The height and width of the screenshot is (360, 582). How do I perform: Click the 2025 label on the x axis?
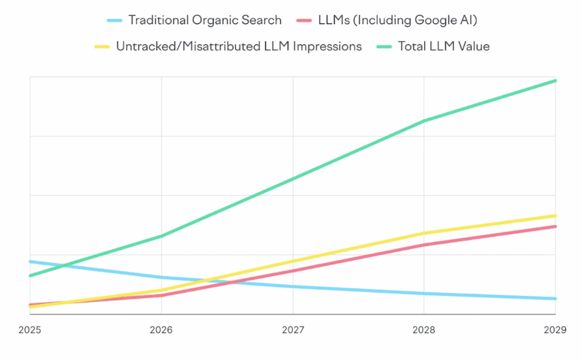pos(30,331)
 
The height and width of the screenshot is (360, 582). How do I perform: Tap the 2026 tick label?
pos(161,331)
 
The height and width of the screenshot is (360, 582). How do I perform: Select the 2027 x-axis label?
pos(293,331)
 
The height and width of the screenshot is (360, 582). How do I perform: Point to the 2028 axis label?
pos(424,331)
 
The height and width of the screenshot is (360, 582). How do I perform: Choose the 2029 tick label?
pos(555,331)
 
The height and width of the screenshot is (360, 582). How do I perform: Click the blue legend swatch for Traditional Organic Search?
pos(115,21)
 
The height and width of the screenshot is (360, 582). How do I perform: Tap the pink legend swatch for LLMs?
pos(305,21)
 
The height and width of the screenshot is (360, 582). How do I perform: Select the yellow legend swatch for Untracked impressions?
pos(103,47)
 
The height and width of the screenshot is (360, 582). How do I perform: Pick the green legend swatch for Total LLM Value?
pos(385,47)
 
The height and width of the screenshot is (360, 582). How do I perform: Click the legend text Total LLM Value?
pos(443,47)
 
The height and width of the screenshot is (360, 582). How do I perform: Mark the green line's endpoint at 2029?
pos(555,81)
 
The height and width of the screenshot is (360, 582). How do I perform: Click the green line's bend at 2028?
pos(424,121)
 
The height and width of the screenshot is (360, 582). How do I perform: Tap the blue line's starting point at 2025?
pos(30,261)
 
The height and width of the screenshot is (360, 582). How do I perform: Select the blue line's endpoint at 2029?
pos(555,299)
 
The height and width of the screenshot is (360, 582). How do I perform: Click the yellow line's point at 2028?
pos(424,233)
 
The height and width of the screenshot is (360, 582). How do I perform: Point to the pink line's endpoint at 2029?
pos(555,227)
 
